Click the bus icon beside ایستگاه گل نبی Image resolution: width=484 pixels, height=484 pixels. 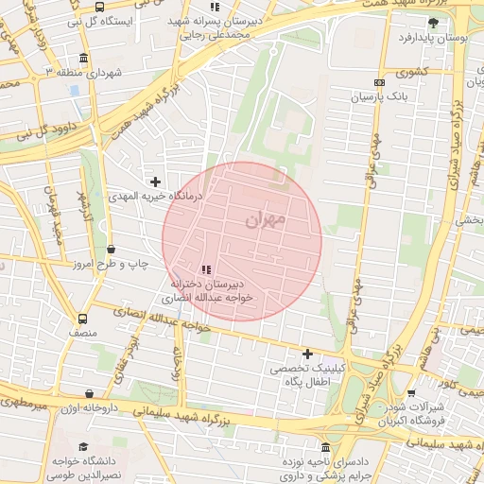point(100,7)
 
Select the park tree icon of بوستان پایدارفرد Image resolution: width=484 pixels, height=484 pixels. point(433,23)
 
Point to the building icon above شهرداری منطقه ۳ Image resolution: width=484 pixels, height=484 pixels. point(83,59)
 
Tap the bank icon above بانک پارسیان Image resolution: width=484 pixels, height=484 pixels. point(379,83)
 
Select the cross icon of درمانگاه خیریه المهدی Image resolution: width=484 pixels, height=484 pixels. point(156,181)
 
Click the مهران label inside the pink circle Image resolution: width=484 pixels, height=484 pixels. point(264,219)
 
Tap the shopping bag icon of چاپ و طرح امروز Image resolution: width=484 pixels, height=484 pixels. point(112,250)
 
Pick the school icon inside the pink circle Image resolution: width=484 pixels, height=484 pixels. point(207,270)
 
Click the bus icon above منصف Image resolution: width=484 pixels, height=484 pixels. point(82,319)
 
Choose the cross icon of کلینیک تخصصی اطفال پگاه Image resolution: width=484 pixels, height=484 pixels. point(307,354)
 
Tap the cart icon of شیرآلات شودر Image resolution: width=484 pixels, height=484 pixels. point(410,394)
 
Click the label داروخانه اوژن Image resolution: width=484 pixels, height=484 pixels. point(88,408)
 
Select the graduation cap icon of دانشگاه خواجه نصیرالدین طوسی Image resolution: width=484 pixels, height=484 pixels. point(83,447)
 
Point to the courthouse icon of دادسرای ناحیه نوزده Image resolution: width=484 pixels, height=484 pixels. point(326,447)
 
